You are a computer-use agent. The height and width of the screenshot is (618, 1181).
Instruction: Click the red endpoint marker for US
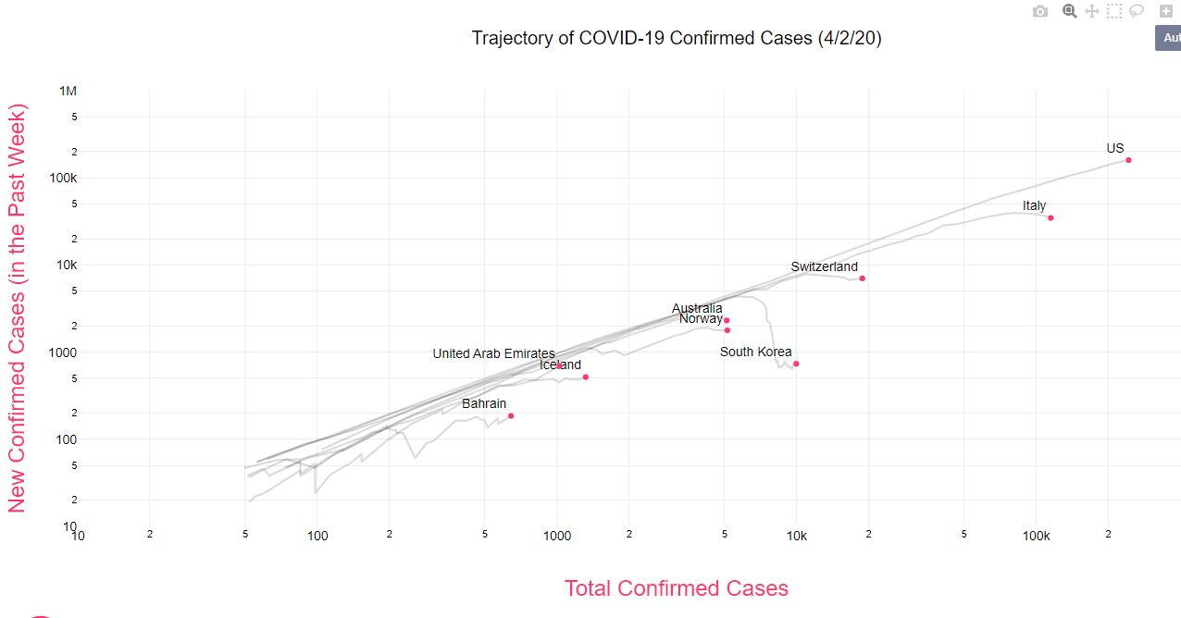point(1128,160)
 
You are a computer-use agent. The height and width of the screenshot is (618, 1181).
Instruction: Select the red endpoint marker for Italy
point(1050,217)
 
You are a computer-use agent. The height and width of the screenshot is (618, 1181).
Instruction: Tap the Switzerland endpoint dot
point(862,278)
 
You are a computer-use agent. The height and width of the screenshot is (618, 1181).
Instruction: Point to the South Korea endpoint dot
point(796,364)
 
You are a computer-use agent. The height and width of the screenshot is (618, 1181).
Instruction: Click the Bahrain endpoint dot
point(511,415)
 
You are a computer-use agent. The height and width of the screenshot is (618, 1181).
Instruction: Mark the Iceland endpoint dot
point(586,377)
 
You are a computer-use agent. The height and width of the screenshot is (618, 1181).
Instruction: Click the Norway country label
point(701,319)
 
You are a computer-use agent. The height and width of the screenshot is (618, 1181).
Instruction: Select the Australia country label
point(697,308)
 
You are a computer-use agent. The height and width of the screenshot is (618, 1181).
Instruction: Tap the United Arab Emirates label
point(493,353)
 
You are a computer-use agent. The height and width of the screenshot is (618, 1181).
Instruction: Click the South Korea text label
point(755,352)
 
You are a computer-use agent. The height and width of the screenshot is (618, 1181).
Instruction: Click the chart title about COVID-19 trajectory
point(676,38)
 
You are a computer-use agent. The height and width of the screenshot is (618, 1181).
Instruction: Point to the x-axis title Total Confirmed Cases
point(676,588)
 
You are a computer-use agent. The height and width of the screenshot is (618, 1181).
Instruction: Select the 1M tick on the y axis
point(68,91)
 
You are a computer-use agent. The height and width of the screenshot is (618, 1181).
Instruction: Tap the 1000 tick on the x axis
point(557,536)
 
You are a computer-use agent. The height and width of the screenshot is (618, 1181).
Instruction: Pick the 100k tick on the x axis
point(1036,536)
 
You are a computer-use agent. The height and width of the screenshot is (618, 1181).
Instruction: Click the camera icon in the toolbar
point(1040,11)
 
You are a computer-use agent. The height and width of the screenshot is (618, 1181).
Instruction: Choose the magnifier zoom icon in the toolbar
point(1069,11)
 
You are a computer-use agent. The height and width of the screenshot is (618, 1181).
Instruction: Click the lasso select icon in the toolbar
point(1137,11)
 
